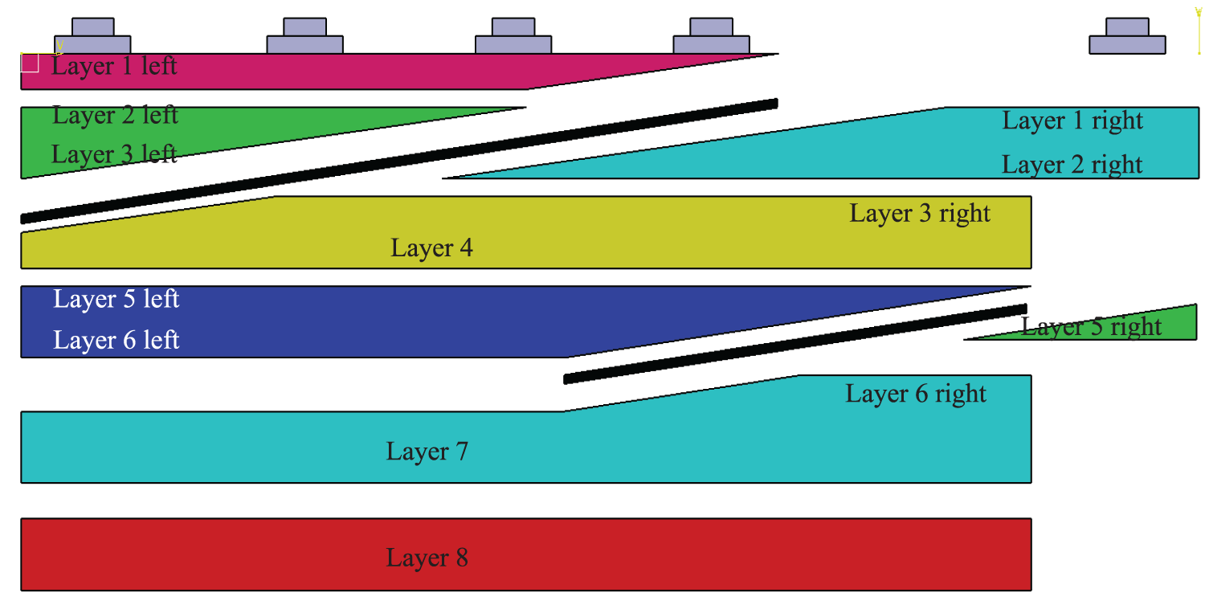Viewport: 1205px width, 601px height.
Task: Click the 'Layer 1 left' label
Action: [x=114, y=65]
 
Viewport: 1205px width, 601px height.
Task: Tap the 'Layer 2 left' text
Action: [x=115, y=115]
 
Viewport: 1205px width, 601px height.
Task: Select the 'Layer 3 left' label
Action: [x=114, y=153]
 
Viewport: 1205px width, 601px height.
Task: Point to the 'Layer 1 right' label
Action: [x=1072, y=121]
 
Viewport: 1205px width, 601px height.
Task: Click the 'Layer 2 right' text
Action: [x=1072, y=164]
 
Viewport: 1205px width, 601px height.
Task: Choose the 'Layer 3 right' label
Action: [x=920, y=213]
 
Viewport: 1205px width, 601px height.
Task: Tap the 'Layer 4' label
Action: [x=431, y=247]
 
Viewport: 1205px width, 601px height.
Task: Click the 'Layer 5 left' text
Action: [x=116, y=299]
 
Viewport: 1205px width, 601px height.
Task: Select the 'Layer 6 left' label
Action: [x=116, y=340]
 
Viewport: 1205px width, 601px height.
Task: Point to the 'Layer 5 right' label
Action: [x=1091, y=327]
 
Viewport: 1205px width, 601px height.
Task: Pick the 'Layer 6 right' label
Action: [x=915, y=394]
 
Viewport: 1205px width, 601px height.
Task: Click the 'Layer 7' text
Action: [x=427, y=451]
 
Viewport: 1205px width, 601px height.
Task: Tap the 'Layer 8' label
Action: [x=427, y=558]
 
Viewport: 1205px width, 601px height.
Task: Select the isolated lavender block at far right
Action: [x=1127, y=38]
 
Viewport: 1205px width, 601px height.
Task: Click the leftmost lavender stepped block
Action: [x=92, y=38]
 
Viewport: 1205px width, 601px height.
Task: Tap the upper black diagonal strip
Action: [x=402, y=160]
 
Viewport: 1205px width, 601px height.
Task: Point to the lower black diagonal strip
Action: [x=795, y=344]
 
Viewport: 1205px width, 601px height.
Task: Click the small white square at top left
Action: [x=30, y=63]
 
